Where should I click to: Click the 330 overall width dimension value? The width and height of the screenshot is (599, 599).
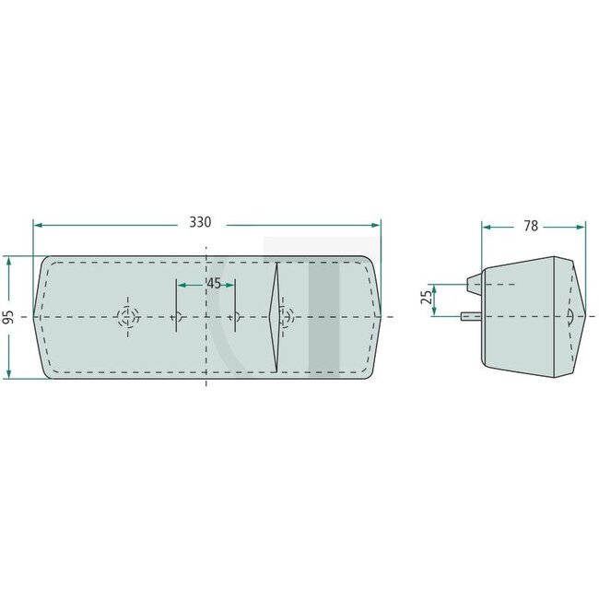click(x=200, y=222)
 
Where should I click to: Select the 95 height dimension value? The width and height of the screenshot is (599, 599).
click(x=8, y=317)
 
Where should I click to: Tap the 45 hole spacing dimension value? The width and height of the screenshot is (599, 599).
click(x=214, y=284)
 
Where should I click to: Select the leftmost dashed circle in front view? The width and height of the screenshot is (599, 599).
click(x=126, y=317)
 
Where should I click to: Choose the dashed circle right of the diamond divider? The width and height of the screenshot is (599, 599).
click(x=288, y=316)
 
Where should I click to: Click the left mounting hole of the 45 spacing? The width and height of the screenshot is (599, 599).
click(x=177, y=317)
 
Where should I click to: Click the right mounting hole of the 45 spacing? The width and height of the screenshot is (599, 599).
click(x=235, y=317)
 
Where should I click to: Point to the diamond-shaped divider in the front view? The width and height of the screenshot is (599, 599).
click(x=274, y=317)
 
